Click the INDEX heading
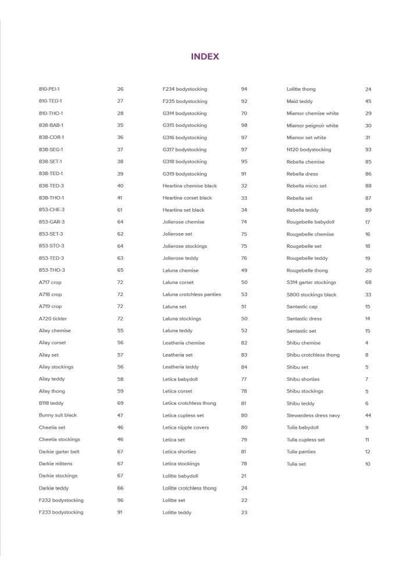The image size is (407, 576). (x=205, y=56)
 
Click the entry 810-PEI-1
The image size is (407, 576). (x=49, y=89)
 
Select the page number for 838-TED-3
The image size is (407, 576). (x=120, y=186)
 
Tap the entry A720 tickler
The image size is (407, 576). (x=52, y=319)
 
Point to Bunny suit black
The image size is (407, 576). (x=58, y=415)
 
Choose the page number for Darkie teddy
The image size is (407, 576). (x=120, y=488)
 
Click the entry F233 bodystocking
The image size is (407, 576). (x=61, y=513)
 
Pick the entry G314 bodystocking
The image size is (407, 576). (x=184, y=113)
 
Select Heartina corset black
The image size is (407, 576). (x=187, y=198)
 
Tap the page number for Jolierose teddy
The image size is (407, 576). (x=244, y=258)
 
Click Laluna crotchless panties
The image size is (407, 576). (x=192, y=294)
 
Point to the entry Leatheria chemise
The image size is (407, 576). (x=184, y=343)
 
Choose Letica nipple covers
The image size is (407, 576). (x=185, y=428)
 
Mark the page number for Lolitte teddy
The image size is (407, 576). (x=244, y=513)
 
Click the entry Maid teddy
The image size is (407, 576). (x=299, y=101)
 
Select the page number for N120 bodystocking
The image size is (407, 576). (x=368, y=150)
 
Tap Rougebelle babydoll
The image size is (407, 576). (x=310, y=222)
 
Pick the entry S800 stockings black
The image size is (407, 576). (x=312, y=295)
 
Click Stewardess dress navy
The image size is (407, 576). (x=313, y=415)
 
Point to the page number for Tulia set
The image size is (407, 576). (x=367, y=464)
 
